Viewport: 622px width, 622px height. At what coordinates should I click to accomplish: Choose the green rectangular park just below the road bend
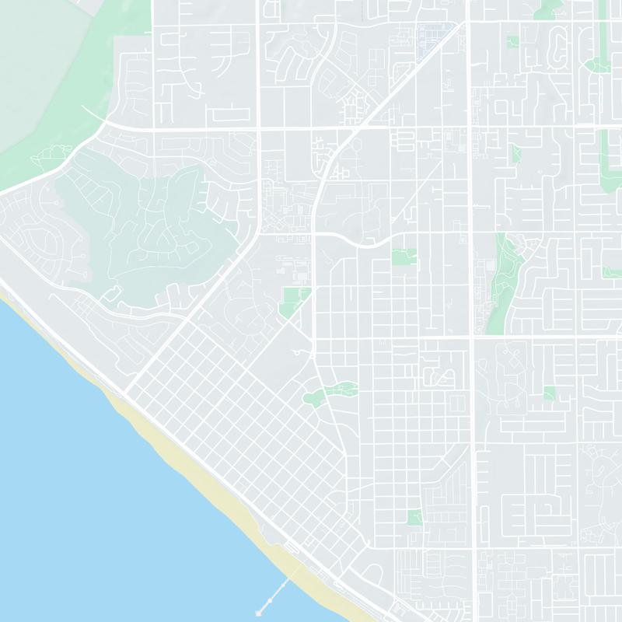(404, 257)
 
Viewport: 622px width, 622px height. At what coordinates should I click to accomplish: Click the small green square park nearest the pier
(414, 517)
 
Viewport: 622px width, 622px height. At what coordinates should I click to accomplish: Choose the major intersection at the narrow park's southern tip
(471, 337)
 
